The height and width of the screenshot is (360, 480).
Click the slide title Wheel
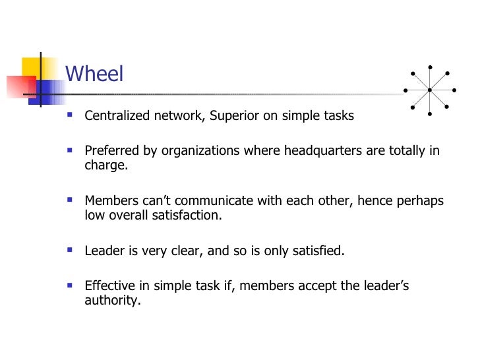point(94,74)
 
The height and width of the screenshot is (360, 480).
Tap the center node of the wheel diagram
point(429,90)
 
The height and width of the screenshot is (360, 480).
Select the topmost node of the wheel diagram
point(429,66)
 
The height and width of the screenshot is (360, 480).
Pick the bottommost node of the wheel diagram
point(429,113)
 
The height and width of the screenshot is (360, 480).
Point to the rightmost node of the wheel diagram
point(454,90)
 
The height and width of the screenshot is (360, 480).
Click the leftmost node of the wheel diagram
point(405,90)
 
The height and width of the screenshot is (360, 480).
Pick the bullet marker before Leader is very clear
point(71,250)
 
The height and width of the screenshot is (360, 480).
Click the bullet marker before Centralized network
point(71,115)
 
